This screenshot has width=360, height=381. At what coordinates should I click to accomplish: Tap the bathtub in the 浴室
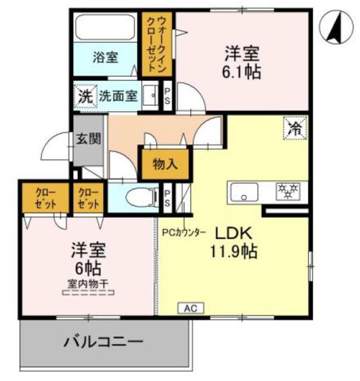click(106, 30)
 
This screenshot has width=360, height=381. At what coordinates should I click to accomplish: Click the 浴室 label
click(105, 57)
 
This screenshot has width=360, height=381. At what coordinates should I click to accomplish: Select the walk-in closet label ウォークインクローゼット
click(157, 43)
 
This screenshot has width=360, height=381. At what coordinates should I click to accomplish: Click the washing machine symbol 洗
click(85, 95)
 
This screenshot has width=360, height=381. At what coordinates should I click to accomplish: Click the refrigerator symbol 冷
click(294, 126)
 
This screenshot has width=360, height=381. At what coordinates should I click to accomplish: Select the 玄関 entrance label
click(88, 139)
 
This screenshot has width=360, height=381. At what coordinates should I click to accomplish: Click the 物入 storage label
click(164, 164)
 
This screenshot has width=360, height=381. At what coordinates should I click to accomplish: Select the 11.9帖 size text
click(233, 251)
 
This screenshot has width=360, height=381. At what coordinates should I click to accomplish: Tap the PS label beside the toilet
click(168, 198)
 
